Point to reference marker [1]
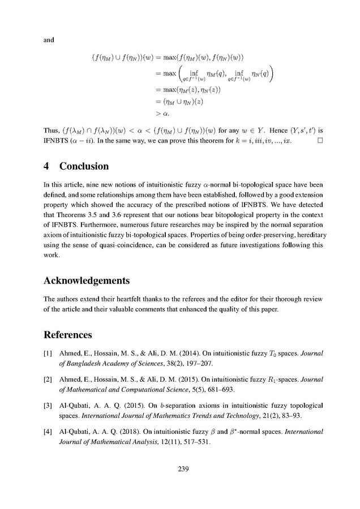pyautogui.click(x=48, y=353)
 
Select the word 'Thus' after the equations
pyautogui.click(x=52, y=128)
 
